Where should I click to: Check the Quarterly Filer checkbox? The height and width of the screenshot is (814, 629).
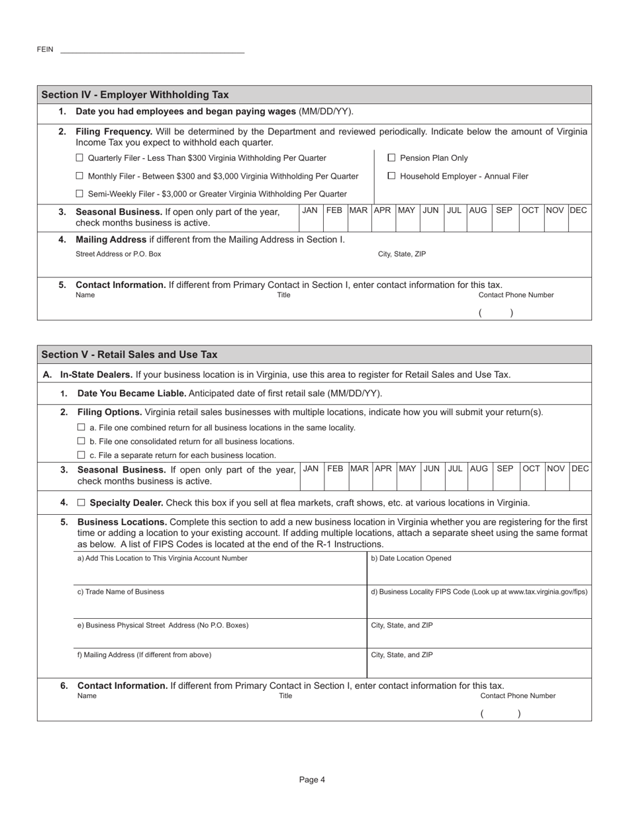click(79, 158)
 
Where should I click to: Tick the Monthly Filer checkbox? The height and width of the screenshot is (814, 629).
click(79, 176)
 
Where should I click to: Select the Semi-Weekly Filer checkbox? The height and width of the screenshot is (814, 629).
click(79, 194)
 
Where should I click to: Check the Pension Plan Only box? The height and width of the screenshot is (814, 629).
click(391, 158)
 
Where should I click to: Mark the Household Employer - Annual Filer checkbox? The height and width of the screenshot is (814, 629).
click(391, 176)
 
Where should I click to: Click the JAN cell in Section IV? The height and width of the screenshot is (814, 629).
click(310, 210)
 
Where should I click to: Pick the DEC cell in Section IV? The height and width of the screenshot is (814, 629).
click(578, 210)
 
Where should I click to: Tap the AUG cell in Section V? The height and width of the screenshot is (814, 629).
click(479, 469)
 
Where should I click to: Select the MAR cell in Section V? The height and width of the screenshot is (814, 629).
click(359, 469)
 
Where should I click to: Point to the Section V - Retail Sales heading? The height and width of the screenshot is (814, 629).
click(129, 355)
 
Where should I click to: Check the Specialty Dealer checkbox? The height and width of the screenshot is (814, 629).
click(81, 502)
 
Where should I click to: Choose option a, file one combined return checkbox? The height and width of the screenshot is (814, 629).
click(81, 428)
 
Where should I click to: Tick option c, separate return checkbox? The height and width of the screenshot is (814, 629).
click(81, 455)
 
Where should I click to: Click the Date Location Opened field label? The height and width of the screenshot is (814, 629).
click(411, 559)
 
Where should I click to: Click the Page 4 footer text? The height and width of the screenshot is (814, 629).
click(312, 780)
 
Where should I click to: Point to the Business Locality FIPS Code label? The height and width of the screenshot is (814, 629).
click(479, 592)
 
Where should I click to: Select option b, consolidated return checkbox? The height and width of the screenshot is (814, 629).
click(81, 441)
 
